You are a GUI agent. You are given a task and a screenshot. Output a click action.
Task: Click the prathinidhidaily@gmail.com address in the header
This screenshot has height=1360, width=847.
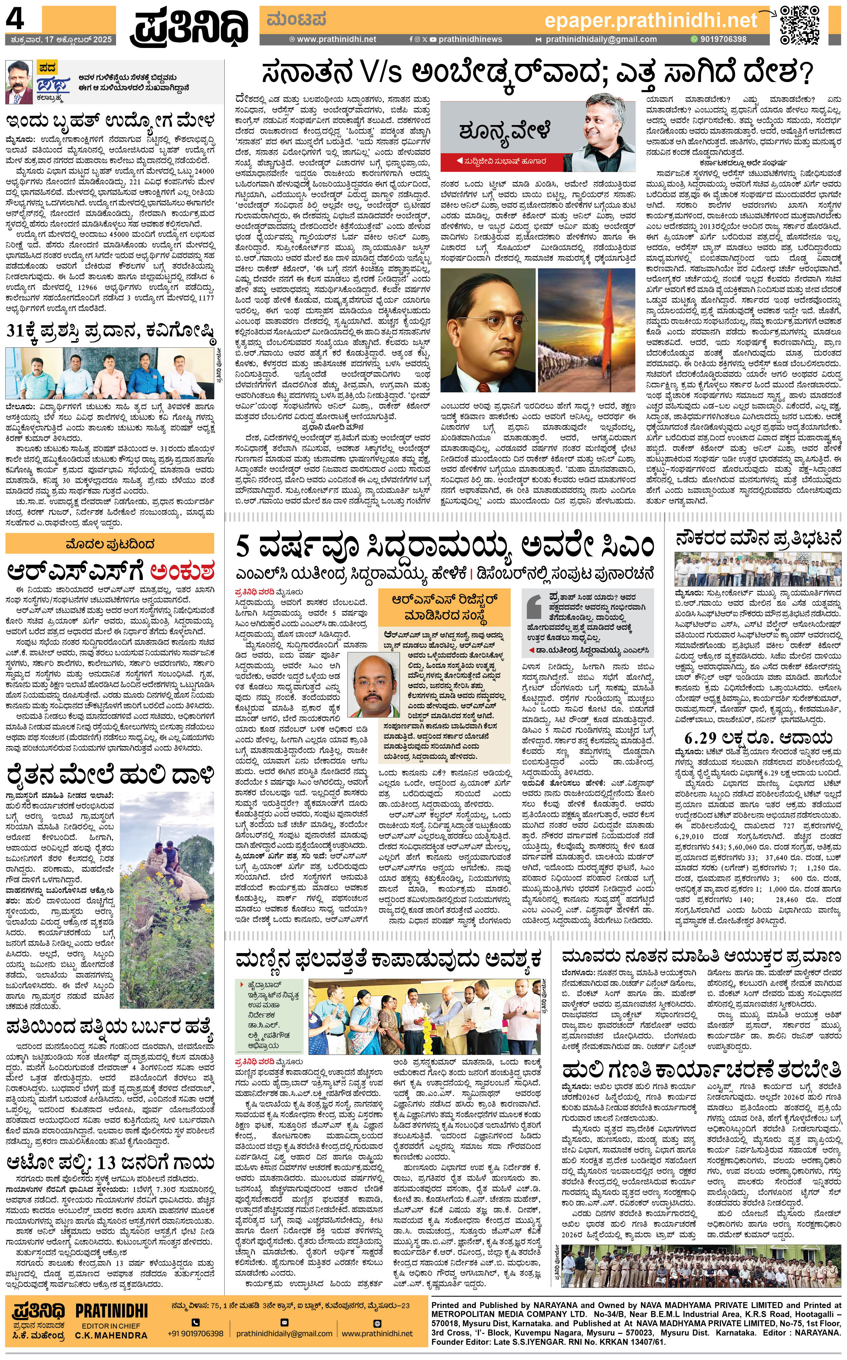[601, 39]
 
